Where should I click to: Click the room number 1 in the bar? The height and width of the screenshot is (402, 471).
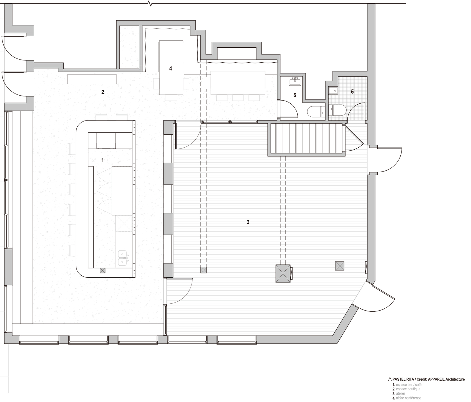click(103, 160)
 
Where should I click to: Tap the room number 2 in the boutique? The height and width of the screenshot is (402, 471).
click(103, 92)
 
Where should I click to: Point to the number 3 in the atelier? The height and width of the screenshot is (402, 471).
click(248, 222)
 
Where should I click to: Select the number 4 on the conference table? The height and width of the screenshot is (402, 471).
click(171, 68)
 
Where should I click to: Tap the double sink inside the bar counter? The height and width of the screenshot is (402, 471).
click(122, 258)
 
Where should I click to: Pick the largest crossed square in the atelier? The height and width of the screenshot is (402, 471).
click(283, 273)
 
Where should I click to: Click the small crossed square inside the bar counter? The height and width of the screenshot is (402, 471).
click(103, 271)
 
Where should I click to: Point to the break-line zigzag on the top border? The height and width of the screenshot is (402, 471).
click(150, 4)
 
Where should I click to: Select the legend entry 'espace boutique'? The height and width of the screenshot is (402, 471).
click(408, 389)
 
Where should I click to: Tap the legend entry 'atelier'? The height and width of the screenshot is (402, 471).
click(401, 393)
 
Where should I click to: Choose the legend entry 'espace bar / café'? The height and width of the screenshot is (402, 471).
click(409, 385)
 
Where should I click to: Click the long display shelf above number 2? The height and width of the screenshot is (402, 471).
click(92, 79)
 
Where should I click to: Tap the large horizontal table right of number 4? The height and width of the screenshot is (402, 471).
click(238, 83)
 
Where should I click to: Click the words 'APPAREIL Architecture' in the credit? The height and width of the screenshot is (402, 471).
click(446, 379)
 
